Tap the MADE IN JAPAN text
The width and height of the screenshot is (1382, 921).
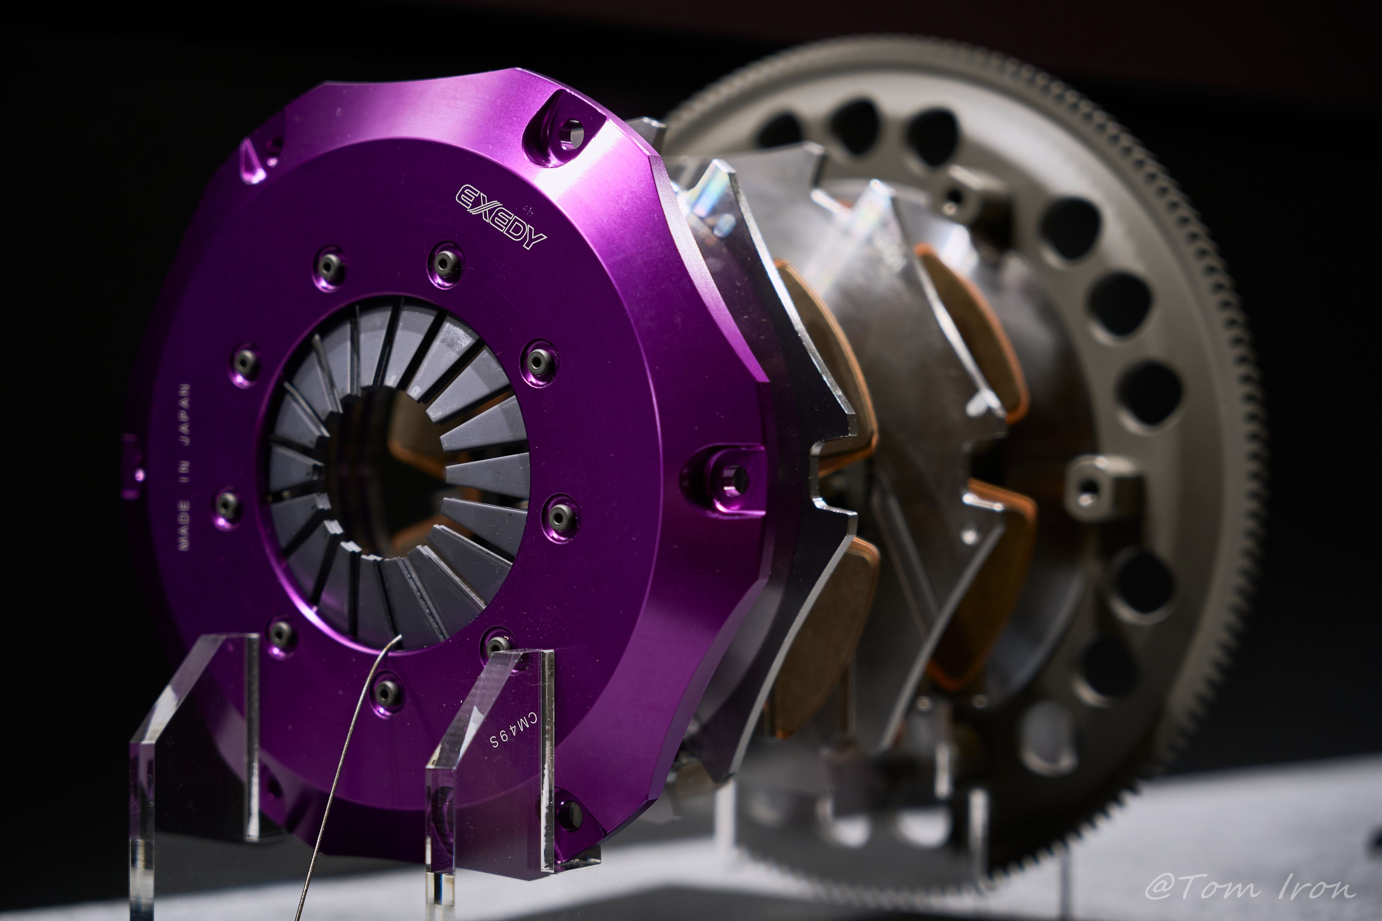tap(184, 468)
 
